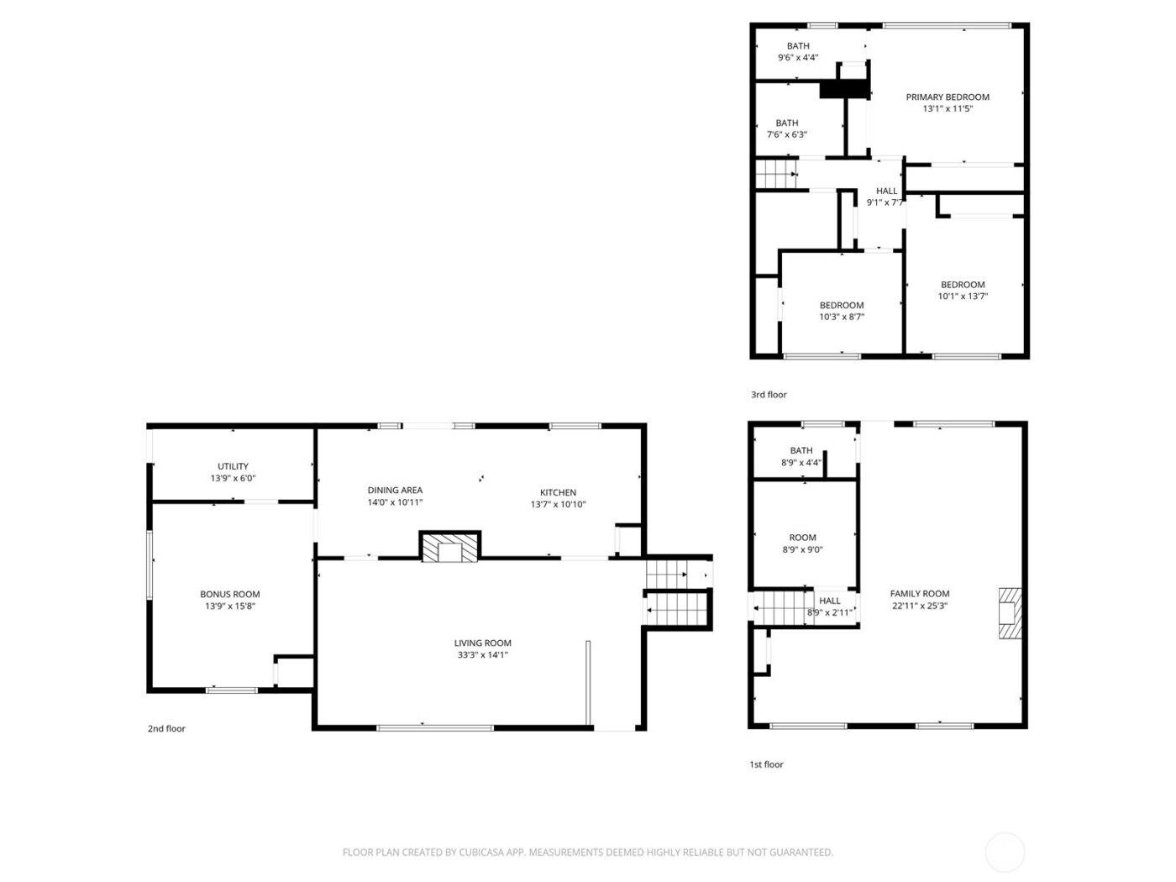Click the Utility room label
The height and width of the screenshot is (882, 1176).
click(x=233, y=466)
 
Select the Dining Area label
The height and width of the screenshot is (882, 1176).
click(x=395, y=491)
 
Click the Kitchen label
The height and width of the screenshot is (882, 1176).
click(x=558, y=493)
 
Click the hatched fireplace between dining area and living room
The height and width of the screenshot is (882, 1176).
click(x=450, y=549)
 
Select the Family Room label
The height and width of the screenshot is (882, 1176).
click(x=920, y=594)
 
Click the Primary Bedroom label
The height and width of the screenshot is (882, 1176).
click(x=948, y=97)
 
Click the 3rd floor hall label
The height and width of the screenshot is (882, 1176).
click(x=886, y=192)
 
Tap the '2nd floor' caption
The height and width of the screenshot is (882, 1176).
click(x=166, y=729)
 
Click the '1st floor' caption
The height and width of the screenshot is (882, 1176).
click(x=766, y=764)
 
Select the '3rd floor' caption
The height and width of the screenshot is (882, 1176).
click(x=769, y=395)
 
